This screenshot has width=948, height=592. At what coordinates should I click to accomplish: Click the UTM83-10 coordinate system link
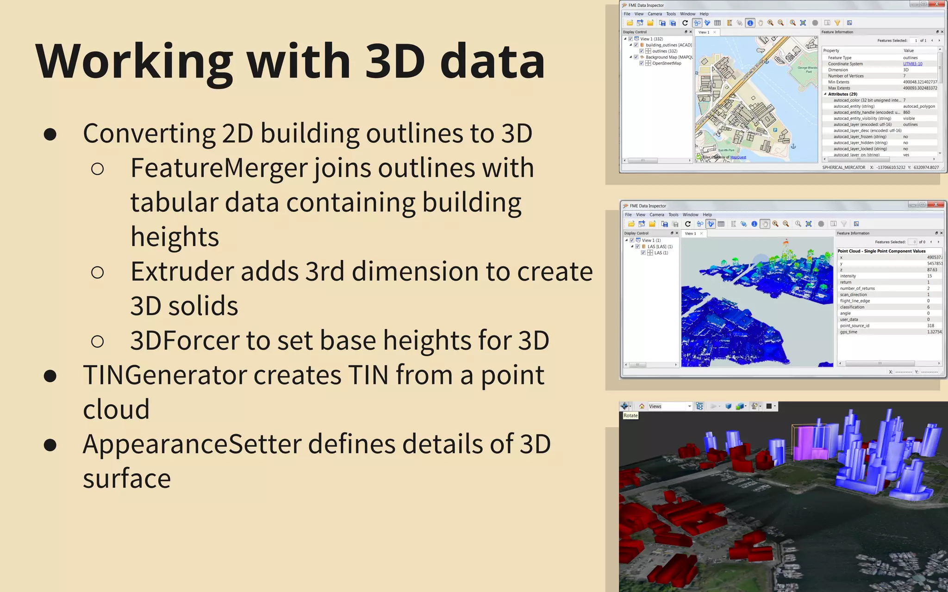(912, 64)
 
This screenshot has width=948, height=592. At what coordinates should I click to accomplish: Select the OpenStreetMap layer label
(667, 63)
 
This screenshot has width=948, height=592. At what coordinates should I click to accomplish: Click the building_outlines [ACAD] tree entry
(668, 45)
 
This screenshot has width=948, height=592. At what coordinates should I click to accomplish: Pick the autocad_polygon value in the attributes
(919, 106)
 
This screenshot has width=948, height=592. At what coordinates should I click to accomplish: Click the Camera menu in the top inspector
(655, 14)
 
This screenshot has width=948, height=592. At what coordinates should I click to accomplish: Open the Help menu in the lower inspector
(707, 215)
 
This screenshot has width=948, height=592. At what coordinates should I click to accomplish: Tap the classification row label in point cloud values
(852, 307)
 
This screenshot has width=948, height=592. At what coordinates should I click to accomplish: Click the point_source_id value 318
(930, 326)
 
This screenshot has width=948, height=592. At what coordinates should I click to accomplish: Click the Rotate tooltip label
(630, 416)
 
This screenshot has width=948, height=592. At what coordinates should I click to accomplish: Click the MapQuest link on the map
(738, 157)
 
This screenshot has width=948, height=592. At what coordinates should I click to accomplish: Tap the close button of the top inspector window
(937, 4)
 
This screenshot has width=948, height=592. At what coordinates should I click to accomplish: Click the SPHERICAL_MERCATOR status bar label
(843, 167)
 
